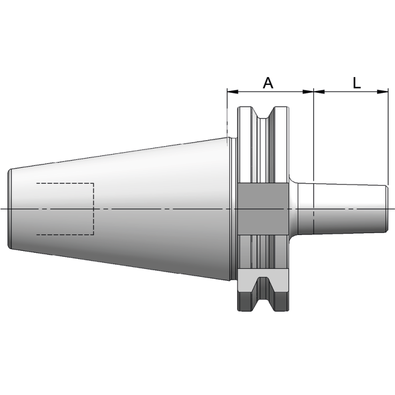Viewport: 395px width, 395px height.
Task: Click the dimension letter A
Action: pyautogui.click(x=268, y=82)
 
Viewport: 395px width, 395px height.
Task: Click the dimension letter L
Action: pyautogui.click(x=356, y=82)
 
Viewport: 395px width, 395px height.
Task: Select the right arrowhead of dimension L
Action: pyautogui.click(x=385, y=91)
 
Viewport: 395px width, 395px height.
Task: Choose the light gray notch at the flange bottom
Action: pyautogui.click(x=262, y=282)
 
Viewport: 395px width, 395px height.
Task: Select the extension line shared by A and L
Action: pyautogui.click(x=314, y=133)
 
